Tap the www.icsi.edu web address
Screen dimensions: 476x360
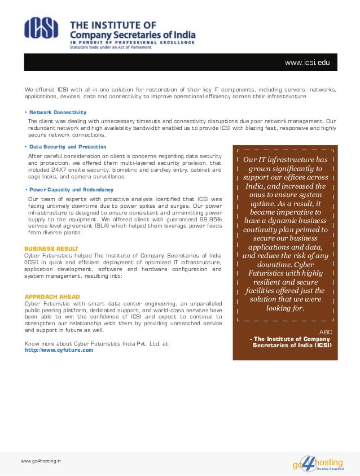click(307, 62)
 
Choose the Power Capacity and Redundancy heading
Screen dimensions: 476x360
click(71, 190)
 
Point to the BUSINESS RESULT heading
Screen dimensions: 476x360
click(51, 248)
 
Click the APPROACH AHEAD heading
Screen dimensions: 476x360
click(52, 296)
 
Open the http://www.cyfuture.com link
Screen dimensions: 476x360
click(59, 350)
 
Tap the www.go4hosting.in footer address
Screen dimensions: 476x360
click(41, 461)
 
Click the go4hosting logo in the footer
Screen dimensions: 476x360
click(318, 464)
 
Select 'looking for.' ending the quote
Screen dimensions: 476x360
click(284, 308)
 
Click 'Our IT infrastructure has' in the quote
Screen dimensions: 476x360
click(285, 160)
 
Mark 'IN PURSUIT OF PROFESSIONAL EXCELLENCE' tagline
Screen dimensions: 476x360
click(132, 42)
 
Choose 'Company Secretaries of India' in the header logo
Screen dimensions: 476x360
click(132, 34)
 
